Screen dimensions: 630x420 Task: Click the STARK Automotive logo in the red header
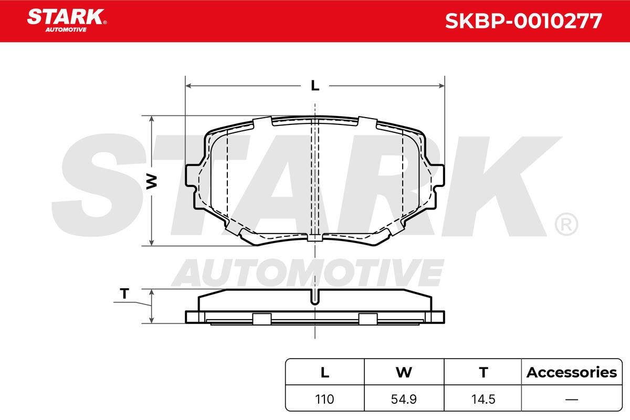point(67,20)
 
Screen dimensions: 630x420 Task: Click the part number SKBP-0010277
point(523,21)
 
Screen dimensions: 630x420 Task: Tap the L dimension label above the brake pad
point(315,86)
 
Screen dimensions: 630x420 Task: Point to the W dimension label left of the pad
point(152,182)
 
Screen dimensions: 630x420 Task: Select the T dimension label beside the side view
point(124,293)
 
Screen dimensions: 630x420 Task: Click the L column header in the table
point(325,372)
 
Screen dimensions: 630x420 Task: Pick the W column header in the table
point(404,372)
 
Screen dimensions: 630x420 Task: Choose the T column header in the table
point(484,372)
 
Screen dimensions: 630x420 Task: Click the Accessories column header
point(572,372)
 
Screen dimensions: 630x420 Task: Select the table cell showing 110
point(324,399)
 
